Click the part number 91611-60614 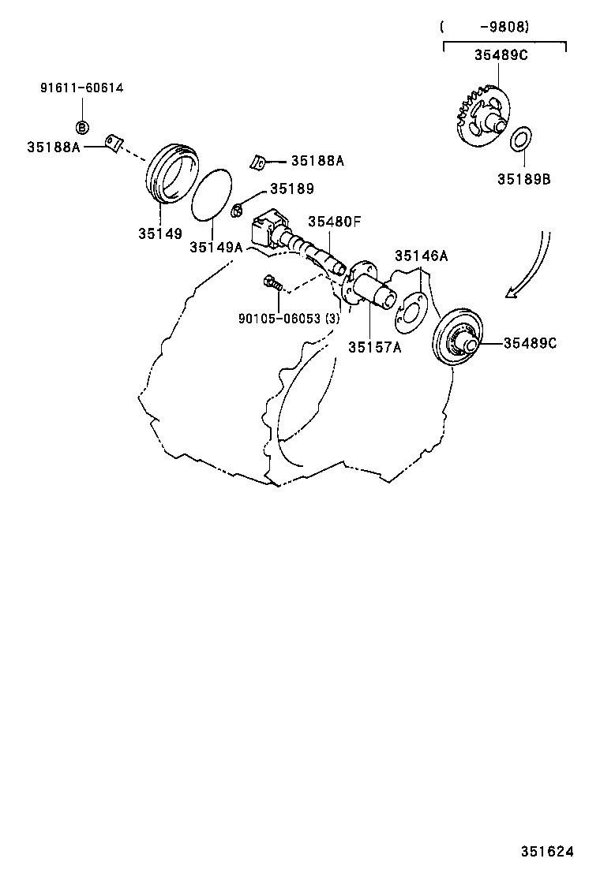click(x=81, y=88)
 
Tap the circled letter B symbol click(x=81, y=127)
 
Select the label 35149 click(x=159, y=233)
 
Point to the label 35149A click(x=216, y=247)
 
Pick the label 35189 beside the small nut click(x=291, y=188)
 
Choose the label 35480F click(x=334, y=222)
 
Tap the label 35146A click(x=421, y=256)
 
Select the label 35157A click(x=374, y=347)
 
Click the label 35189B click(x=523, y=179)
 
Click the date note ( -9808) click(x=485, y=27)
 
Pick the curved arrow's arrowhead click(x=512, y=293)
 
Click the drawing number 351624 click(x=546, y=852)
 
